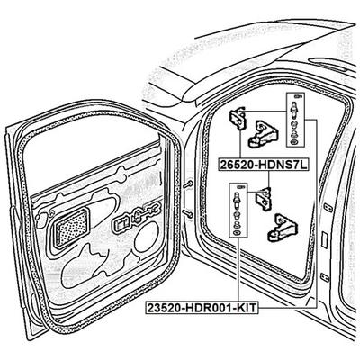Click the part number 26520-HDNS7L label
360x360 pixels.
tap(264, 165)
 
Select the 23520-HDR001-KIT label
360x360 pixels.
tap(202, 308)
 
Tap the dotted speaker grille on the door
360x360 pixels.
tap(70, 229)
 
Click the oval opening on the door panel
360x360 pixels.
tap(147, 237)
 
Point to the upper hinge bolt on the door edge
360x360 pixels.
tap(187, 184)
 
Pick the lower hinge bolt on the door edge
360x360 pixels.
tap(187, 213)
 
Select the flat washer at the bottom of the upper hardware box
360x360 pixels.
tap(294, 141)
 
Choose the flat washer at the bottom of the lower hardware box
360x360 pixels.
tap(238, 232)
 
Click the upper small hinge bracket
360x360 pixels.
tap(238, 118)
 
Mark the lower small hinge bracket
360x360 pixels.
tap(265, 198)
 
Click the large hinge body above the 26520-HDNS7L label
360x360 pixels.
tap(263, 134)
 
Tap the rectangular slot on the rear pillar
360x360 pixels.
tap(324, 240)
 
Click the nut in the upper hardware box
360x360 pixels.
tap(294, 125)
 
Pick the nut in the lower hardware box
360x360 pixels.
tap(238, 215)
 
